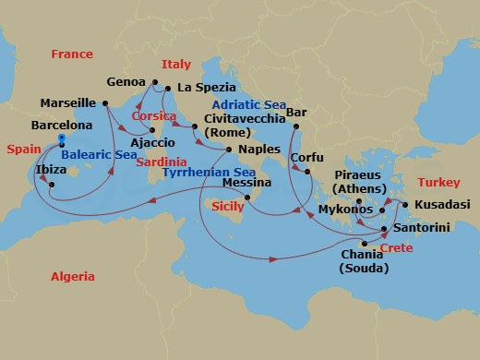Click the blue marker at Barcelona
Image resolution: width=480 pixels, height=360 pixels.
pos(61,139)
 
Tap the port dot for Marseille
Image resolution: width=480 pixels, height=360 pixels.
pos(104,102)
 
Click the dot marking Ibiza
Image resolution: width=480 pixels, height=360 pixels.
pos(52,185)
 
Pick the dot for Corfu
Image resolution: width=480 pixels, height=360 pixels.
pos(298,167)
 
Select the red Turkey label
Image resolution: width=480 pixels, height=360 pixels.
pos(438,183)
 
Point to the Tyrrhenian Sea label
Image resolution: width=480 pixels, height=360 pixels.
pos(209,173)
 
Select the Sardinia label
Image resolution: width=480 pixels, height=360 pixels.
pos(161,162)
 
